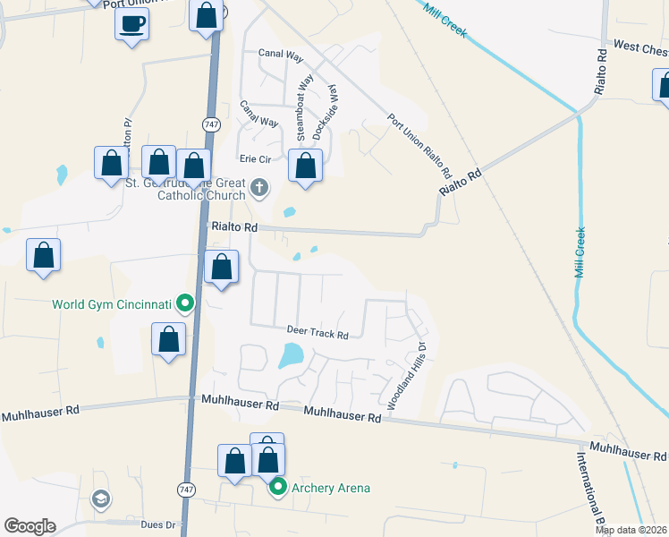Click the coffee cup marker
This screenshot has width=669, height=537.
[132, 24]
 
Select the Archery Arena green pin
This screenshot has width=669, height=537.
[278, 488]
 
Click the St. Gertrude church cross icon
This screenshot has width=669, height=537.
[259, 187]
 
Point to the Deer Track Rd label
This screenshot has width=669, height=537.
[317, 332]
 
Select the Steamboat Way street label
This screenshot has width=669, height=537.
[305, 110]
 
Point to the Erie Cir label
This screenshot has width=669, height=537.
[252, 158]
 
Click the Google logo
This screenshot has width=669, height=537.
[30, 526]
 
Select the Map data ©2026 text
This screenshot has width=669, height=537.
[631, 530]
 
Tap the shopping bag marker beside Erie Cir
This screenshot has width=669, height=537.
[306, 166]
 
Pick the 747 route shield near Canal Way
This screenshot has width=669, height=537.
[211, 124]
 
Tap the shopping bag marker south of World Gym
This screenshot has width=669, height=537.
[168, 340]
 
